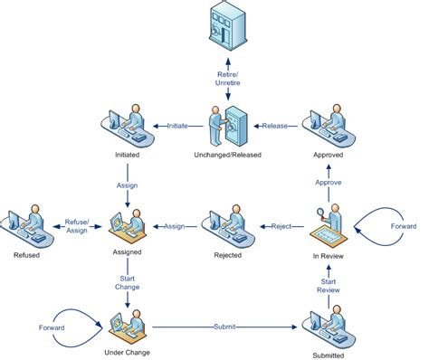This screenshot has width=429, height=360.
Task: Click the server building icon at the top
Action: click(x=224, y=26)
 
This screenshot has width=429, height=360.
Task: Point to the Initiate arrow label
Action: click(x=176, y=127)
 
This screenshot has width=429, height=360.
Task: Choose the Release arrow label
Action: click(x=275, y=127)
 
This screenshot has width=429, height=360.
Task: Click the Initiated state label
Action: click(x=128, y=155)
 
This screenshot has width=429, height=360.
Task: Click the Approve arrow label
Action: click(x=327, y=181)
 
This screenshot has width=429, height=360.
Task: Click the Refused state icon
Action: click(x=26, y=226)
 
